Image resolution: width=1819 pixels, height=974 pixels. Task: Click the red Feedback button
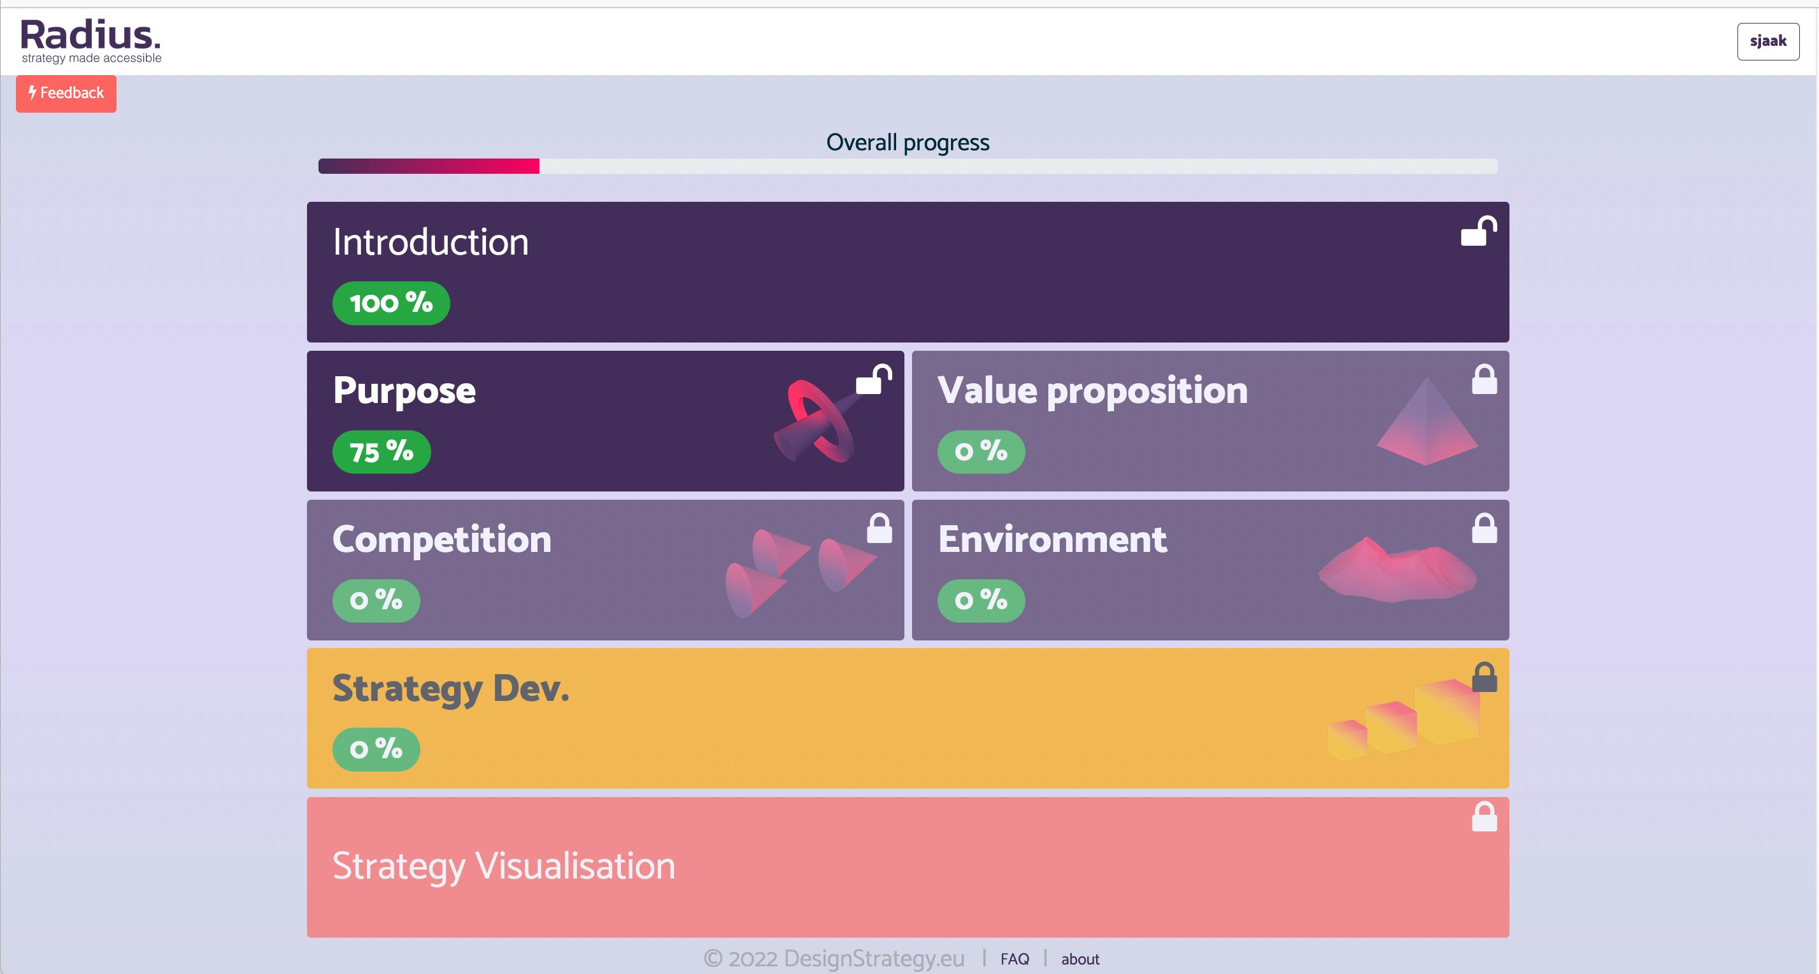66,93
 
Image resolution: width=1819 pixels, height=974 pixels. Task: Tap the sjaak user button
1767,41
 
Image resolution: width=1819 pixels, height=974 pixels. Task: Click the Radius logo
91,41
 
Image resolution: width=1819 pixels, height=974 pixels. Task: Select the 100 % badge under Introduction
391,304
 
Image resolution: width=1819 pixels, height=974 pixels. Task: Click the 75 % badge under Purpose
382,452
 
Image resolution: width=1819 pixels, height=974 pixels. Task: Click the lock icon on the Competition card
879,528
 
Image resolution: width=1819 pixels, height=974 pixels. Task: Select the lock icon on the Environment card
1483,528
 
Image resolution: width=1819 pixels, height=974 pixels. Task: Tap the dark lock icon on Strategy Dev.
1483,677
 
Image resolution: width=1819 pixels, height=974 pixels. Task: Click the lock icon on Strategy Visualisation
1483,817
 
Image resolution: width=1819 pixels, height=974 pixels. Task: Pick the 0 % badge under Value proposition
981,452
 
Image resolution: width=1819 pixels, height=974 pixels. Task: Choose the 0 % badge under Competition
376,601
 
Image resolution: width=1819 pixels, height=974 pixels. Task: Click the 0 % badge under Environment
981,601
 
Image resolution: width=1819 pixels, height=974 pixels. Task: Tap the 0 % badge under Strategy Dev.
376,749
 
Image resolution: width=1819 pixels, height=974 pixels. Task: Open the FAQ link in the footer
1015,959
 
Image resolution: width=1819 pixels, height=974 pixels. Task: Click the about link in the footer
1080,959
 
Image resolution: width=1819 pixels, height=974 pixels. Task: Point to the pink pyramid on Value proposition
1427,423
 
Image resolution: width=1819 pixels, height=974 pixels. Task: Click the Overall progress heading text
908,143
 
